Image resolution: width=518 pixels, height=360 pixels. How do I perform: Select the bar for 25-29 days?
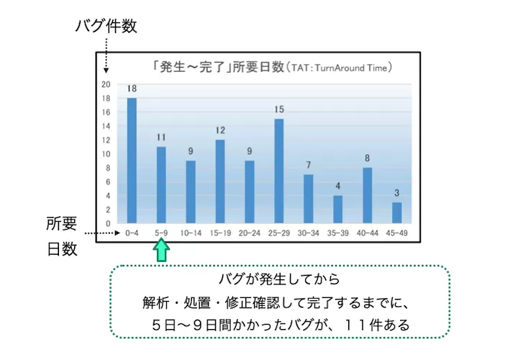pyautogui.click(x=278, y=171)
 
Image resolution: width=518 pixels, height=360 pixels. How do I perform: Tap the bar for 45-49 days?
pyautogui.click(x=396, y=212)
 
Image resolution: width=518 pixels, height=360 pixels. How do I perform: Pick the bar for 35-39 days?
pyautogui.click(x=337, y=209)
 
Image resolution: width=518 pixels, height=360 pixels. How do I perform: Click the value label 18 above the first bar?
pyautogui.click(x=132, y=89)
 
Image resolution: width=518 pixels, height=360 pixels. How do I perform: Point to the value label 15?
pyautogui.click(x=278, y=110)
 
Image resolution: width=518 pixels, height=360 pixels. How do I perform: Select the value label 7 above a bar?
pyautogui.click(x=308, y=166)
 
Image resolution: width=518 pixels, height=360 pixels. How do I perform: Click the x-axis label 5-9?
pyautogui.click(x=161, y=233)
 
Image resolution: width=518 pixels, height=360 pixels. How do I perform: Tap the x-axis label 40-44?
pyautogui.click(x=367, y=233)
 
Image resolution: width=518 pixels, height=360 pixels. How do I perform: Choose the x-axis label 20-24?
pyautogui.click(x=250, y=233)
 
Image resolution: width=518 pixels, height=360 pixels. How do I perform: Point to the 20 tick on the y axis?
pyautogui.click(x=106, y=84)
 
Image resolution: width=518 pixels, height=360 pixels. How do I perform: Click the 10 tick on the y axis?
pyautogui.click(x=106, y=154)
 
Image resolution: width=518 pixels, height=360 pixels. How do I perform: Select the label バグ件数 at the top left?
pyautogui.click(x=106, y=27)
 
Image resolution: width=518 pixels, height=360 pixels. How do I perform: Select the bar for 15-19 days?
pyautogui.click(x=220, y=181)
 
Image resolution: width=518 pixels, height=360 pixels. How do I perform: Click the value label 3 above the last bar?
pyautogui.click(x=396, y=194)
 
